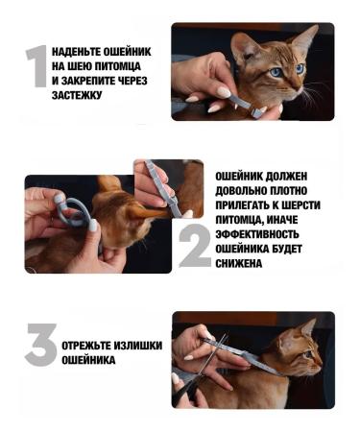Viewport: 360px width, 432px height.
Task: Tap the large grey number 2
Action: pos(195,247)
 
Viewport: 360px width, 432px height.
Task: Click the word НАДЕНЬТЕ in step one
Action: pos(83,51)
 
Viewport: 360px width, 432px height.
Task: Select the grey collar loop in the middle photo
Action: pos(73,210)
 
